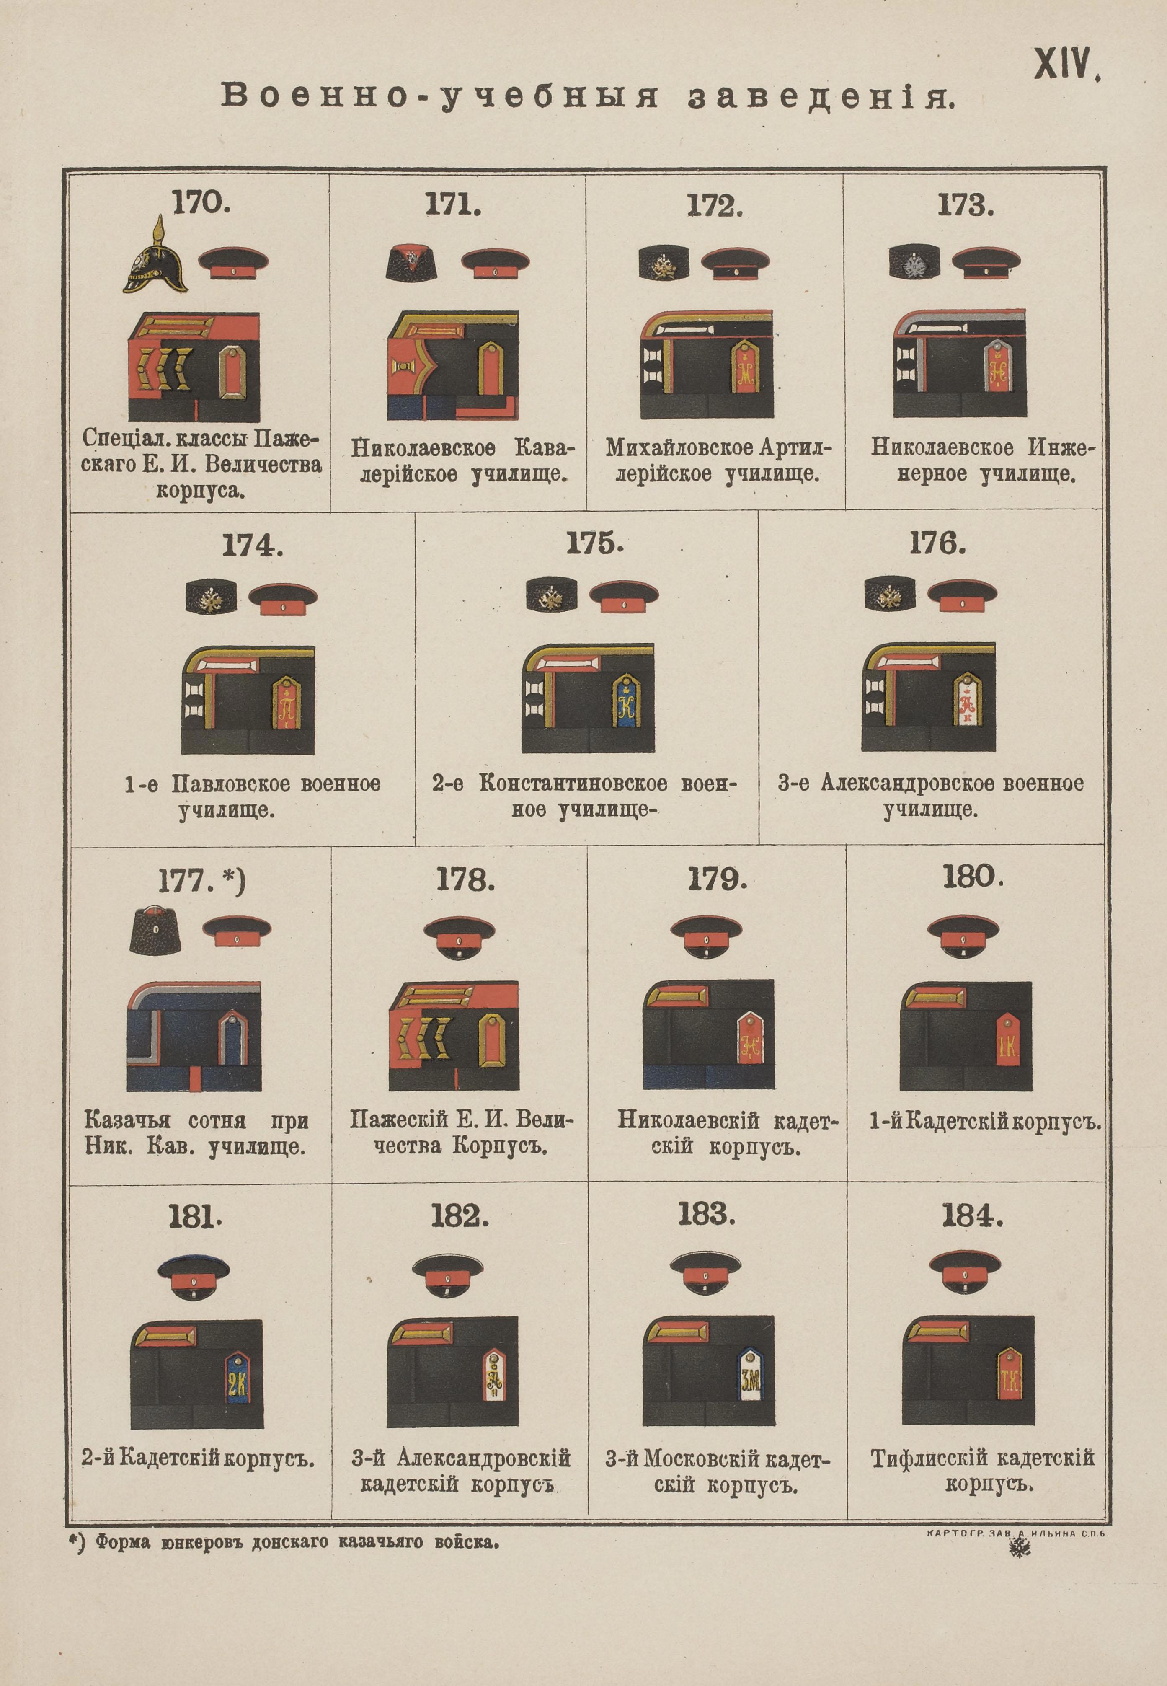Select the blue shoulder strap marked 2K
click(237, 1378)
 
